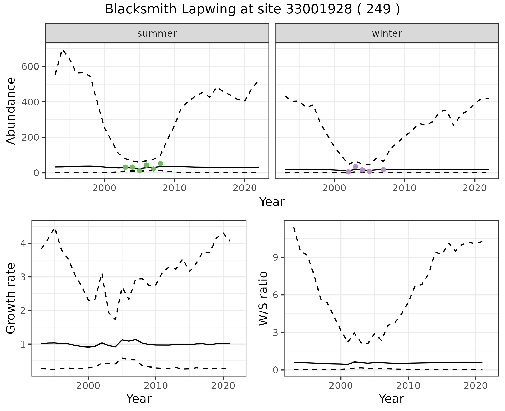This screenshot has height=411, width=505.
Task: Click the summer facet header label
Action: [157, 33]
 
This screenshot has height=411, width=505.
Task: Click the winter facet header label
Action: [387, 33]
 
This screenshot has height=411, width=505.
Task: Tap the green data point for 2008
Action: [160, 164]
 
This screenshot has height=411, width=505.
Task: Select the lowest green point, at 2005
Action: [139, 171]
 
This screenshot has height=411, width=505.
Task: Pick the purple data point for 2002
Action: [349, 172]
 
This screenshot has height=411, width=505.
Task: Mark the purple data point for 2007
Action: [383, 170]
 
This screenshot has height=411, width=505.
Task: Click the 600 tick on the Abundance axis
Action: [30, 66]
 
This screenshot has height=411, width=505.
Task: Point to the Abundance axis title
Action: [11, 111]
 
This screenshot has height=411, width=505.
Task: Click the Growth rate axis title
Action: [11, 298]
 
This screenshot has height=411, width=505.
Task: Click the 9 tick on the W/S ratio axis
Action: [276, 257]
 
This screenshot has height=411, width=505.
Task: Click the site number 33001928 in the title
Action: [319, 9]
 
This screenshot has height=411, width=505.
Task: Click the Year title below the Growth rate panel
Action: [139, 399]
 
